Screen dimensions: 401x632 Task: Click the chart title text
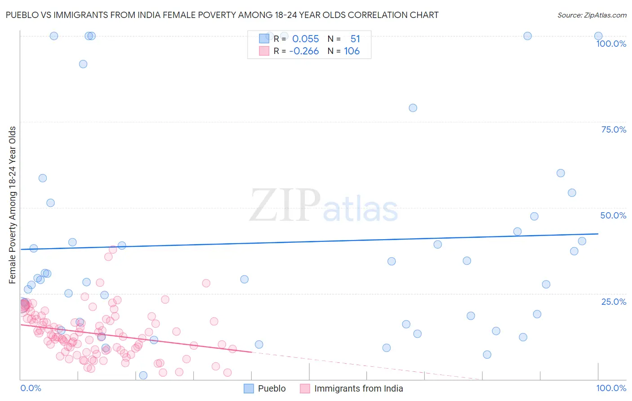point(222,15)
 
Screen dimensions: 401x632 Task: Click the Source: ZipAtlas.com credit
point(592,15)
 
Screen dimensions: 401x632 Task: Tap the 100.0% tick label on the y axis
point(611,44)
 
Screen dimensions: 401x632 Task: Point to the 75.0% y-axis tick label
point(614,129)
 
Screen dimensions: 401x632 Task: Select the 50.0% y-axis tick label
point(613,215)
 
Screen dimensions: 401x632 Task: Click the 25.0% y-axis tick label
point(614,301)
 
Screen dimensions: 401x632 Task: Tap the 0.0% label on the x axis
point(31,388)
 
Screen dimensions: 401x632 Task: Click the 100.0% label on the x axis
point(611,388)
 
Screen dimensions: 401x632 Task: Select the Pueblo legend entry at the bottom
point(265,388)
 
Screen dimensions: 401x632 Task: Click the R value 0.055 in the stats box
point(306,39)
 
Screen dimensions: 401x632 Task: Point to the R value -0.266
point(304,51)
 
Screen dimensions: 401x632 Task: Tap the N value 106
point(352,51)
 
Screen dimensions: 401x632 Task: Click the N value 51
point(355,39)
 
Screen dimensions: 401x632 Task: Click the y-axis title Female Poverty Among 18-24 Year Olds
point(13,205)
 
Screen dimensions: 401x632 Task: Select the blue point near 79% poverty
point(413,108)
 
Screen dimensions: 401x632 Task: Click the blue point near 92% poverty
point(83,64)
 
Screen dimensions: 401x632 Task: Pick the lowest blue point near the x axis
point(143,375)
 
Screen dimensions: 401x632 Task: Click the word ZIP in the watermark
point(285,205)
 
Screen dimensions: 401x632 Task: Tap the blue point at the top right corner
point(598,36)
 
